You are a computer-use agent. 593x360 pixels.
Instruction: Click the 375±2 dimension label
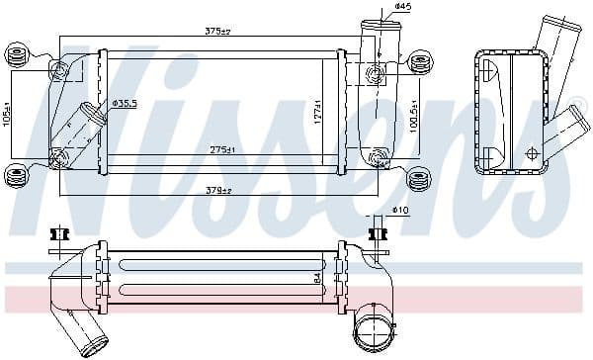pyautogui.click(x=218, y=32)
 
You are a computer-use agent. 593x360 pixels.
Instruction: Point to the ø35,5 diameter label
pyautogui.click(x=126, y=102)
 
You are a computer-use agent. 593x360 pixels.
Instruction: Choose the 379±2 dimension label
pyautogui.click(x=218, y=190)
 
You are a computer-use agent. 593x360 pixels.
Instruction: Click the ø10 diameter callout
pyautogui.click(x=400, y=210)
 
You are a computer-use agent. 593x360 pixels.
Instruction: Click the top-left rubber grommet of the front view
pyautogui.click(x=17, y=50)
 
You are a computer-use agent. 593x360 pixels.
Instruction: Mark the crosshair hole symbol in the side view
pyautogui.click(x=532, y=153)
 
